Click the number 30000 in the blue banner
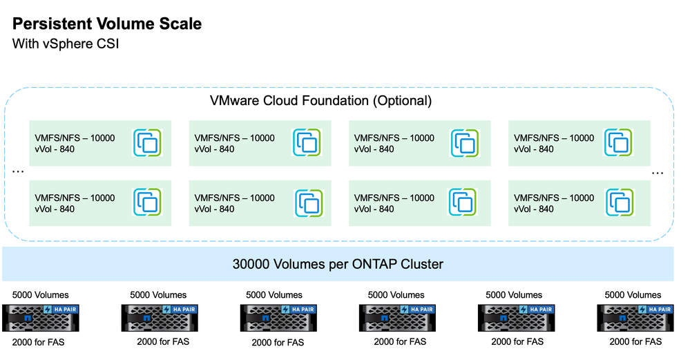click(x=254, y=264)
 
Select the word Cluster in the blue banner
click(x=422, y=264)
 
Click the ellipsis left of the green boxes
click(x=19, y=172)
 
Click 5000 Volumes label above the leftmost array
click(x=41, y=294)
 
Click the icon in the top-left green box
click(x=148, y=143)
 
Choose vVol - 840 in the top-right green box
click(x=534, y=149)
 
